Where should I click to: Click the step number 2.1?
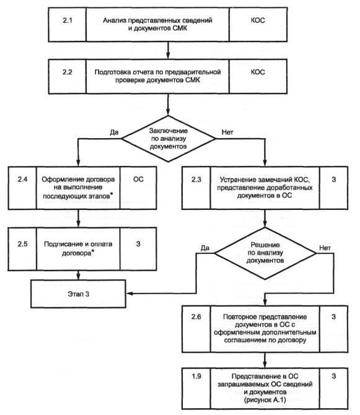coord(68,20)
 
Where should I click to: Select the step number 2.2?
coord(68,72)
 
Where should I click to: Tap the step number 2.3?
coord(196,180)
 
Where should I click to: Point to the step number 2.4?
coord(22,179)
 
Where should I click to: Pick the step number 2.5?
coord(22,244)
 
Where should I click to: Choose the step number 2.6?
coord(196,317)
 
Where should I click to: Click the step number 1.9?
coord(196,376)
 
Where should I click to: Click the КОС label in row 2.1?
coord(258,20)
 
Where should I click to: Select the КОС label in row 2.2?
coord(258,72)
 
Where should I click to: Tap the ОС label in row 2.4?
coord(138,179)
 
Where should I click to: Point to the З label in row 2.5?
coord(138,244)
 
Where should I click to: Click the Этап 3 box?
coord(78,294)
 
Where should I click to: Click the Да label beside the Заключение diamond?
coord(114,132)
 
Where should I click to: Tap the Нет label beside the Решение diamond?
coord(325,248)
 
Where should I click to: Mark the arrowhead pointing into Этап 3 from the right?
coord(130,293)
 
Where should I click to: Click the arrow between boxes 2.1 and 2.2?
coord(168,50)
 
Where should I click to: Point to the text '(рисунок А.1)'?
coord(265,400)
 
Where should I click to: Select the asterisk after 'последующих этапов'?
coord(112,194)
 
